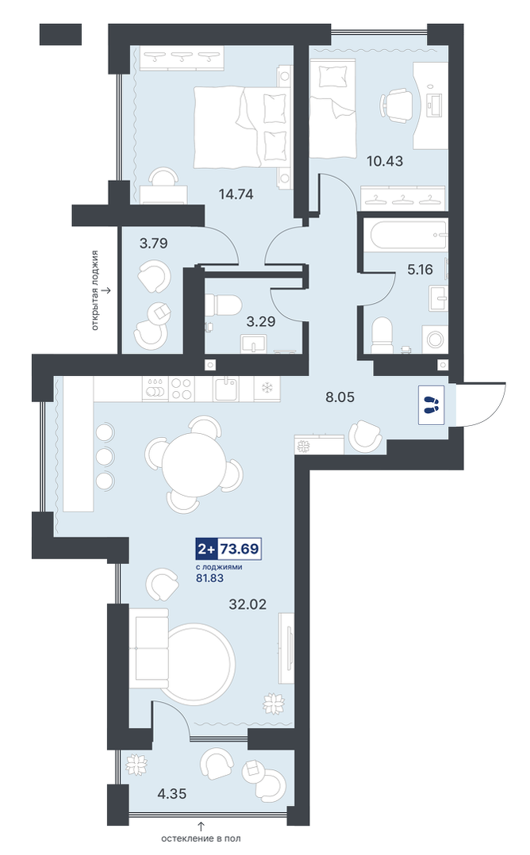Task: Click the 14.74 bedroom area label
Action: (x=236, y=194)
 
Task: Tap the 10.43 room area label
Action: (x=385, y=161)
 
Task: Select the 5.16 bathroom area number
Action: (x=420, y=269)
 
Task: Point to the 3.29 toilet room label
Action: (x=261, y=321)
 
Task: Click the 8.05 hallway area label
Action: (x=340, y=397)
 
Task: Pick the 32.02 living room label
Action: (x=248, y=604)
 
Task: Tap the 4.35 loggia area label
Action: (x=171, y=793)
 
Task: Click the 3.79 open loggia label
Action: (x=153, y=243)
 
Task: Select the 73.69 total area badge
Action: (x=229, y=549)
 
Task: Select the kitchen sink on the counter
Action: (x=226, y=389)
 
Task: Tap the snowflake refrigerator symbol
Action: (x=267, y=389)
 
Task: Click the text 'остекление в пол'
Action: (x=201, y=838)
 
